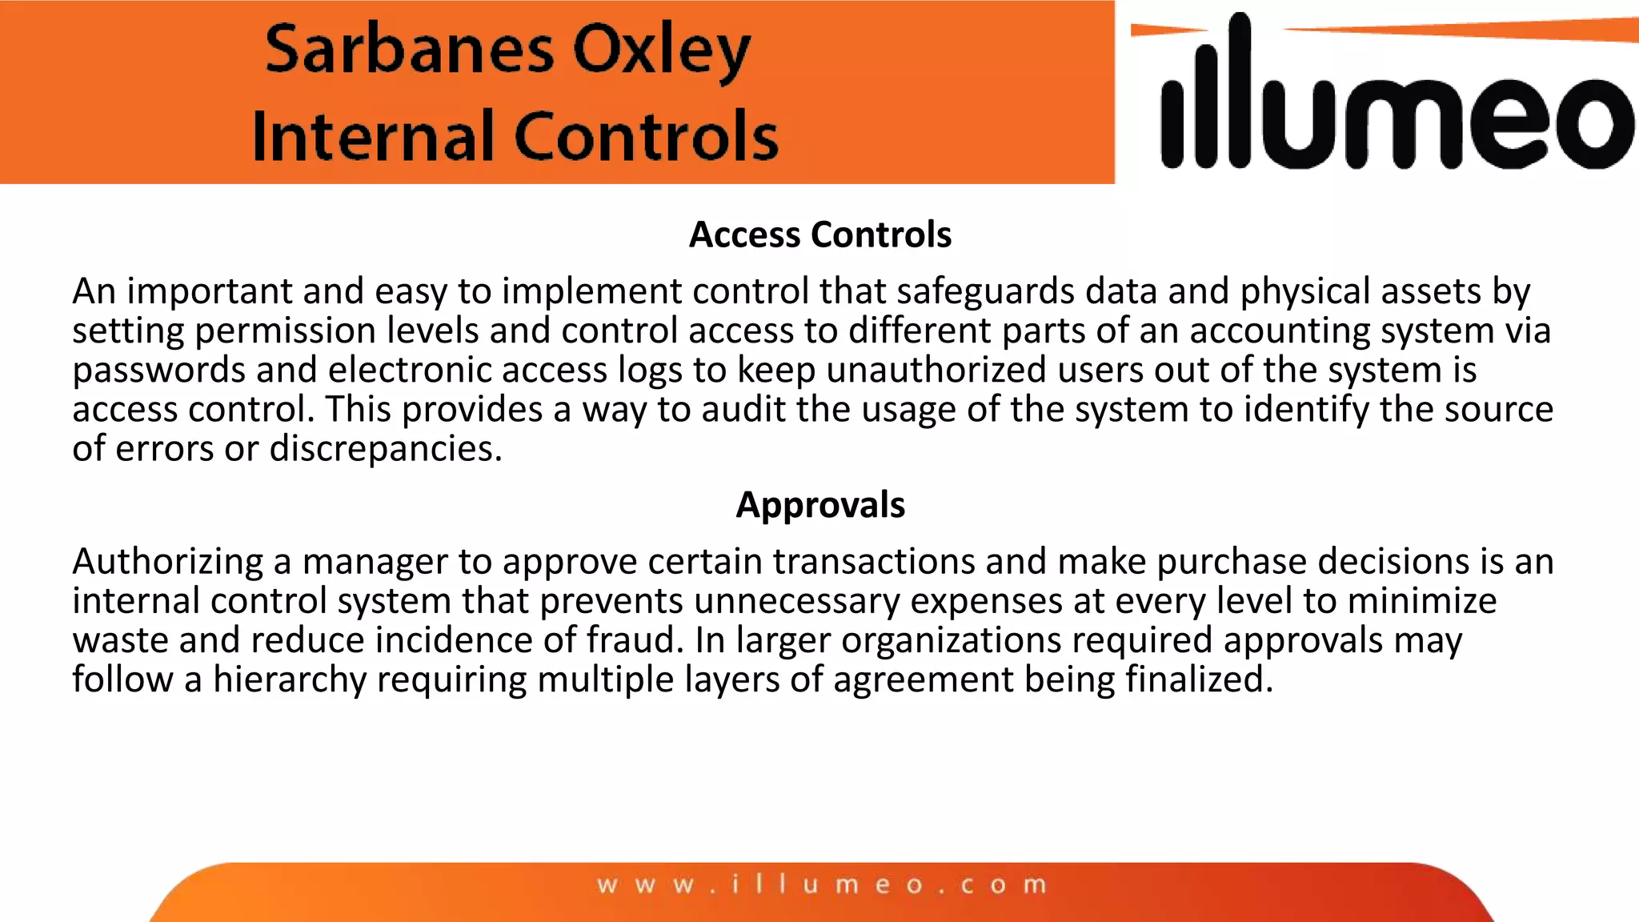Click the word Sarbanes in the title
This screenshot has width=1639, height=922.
[409, 50]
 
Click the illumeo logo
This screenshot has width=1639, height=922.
[1393, 100]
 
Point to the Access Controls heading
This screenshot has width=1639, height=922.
[820, 235]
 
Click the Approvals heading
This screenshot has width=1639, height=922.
[820, 505]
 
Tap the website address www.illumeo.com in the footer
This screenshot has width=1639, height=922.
[822, 884]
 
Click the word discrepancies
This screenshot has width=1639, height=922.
[385, 448]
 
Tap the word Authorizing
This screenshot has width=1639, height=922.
[167, 561]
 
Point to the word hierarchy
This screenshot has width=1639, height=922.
[289, 679]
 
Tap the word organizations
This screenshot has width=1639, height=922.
[952, 640]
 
